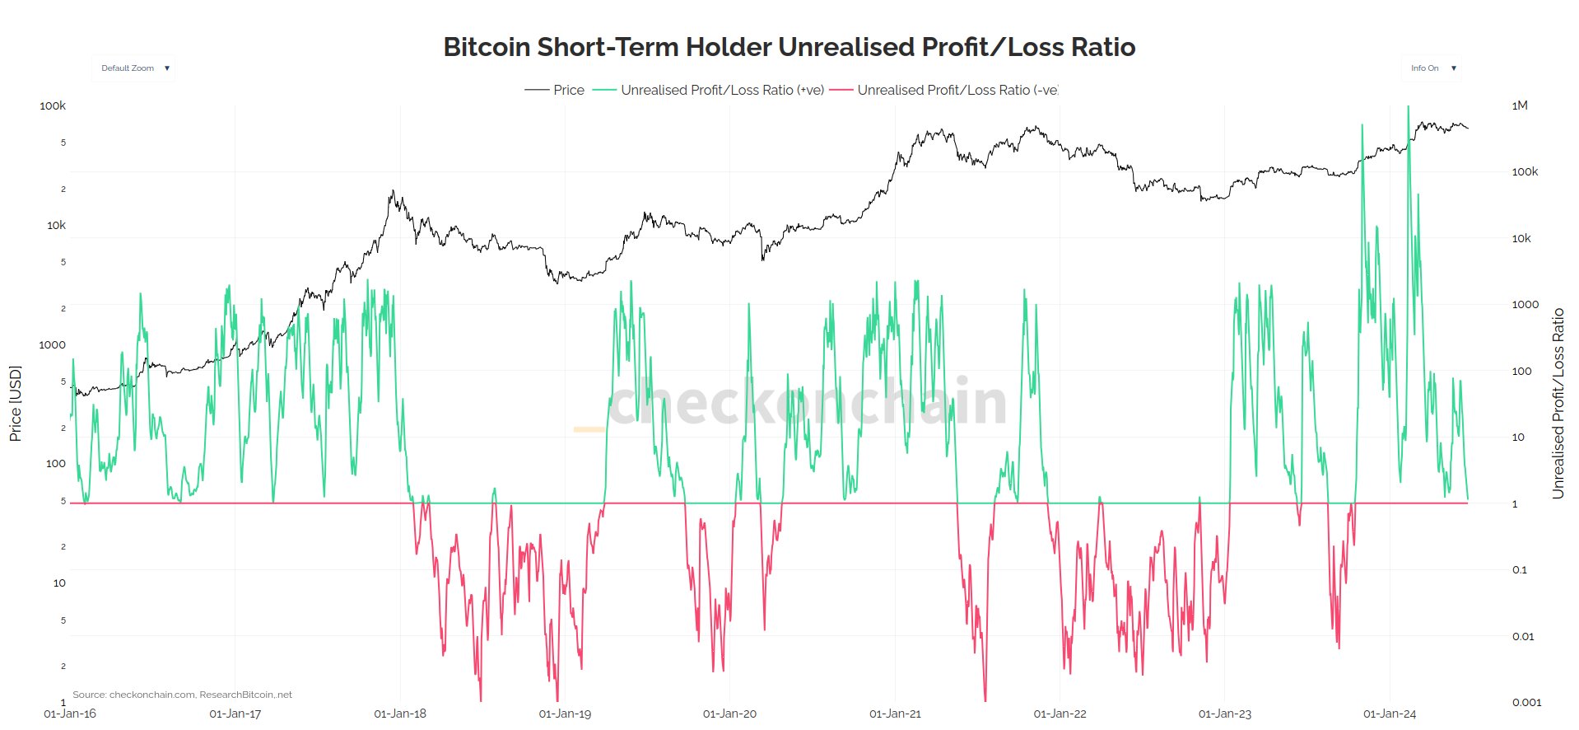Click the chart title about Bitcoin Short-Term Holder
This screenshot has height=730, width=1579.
[x=789, y=47]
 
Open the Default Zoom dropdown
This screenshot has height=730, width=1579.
[x=134, y=68]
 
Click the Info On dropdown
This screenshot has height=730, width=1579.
[x=1432, y=68]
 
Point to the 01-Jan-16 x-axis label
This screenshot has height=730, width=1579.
[x=70, y=714]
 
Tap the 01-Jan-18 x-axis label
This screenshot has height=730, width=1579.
[x=400, y=714]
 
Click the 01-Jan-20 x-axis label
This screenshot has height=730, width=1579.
[x=729, y=714]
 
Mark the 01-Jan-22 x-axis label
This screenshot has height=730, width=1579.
[x=1060, y=714]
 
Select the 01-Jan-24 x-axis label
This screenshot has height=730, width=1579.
[x=1390, y=714]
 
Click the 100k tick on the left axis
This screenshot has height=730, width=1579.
[x=53, y=105]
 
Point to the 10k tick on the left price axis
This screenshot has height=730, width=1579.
[x=56, y=225]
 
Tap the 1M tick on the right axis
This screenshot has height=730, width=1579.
[x=1520, y=105]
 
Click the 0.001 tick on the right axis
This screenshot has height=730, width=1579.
[x=1526, y=702]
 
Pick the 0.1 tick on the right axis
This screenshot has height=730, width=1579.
[x=1520, y=569]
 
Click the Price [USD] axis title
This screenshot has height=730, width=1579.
[x=15, y=404]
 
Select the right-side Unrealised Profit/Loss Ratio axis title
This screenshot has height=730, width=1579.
[x=1558, y=404]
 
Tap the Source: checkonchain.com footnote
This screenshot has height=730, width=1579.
[x=182, y=695]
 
